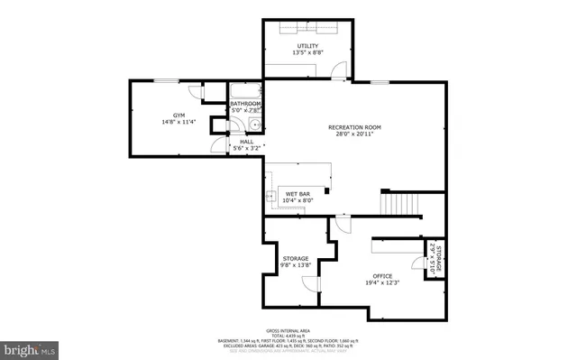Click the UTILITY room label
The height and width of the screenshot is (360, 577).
[309, 46]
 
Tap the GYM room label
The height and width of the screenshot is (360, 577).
[179, 115]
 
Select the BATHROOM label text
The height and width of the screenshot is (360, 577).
[245, 104]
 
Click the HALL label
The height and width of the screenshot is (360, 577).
[245, 141]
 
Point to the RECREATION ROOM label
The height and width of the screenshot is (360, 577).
[353, 127]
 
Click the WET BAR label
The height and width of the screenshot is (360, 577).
[298, 193]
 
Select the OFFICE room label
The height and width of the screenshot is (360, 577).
[383, 275]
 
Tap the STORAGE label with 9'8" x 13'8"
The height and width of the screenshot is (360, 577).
[295, 258]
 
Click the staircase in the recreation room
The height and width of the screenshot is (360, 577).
[399, 204]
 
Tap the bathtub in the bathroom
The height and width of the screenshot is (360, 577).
[244, 91]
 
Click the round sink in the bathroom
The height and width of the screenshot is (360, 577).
[255, 126]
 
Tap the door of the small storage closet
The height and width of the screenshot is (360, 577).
[417, 264]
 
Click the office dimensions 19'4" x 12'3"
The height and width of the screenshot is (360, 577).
[383, 283]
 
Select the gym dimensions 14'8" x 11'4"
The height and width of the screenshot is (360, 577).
[179, 123]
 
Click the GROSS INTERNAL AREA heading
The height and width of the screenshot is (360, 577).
[289, 330]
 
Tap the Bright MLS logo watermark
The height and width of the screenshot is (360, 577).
[29, 347]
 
